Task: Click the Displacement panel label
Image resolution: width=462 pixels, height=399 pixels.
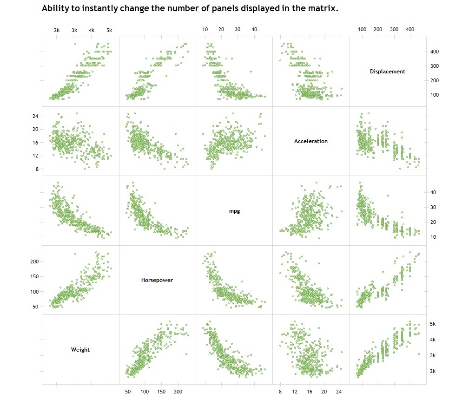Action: [x=387, y=72]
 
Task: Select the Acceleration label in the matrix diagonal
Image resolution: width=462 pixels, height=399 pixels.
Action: [x=310, y=141]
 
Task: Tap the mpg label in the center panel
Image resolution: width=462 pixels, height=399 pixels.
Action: [x=234, y=211]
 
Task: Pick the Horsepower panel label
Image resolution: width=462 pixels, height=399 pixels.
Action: [x=157, y=280]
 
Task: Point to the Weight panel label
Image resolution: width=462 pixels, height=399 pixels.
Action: [x=80, y=350]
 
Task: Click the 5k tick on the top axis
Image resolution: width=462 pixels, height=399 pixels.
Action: [x=109, y=30]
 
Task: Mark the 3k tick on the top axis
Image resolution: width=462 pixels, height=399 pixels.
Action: [x=74, y=30]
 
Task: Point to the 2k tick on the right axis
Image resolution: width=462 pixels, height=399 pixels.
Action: [x=433, y=371]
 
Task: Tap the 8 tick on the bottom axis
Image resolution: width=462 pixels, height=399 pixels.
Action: [x=280, y=392]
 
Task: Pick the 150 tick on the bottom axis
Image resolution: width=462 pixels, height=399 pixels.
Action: [x=161, y=392]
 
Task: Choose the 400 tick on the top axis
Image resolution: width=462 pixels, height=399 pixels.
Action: [x=410, y=29]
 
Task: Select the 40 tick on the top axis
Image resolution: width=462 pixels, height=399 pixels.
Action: [x=254, y=29]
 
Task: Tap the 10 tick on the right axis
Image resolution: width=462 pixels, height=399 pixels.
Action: [x=433, y=237]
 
